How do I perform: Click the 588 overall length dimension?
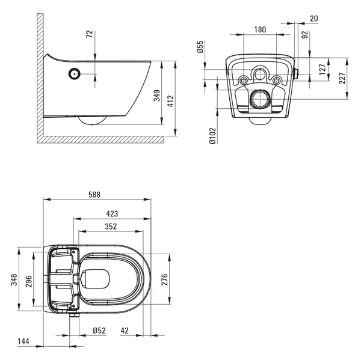pos(94,195)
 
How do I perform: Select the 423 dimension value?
pos(112,214)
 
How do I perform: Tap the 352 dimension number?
pos(111,227)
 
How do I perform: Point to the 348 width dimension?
pos(14,279)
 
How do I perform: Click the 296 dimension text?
pos(29,281)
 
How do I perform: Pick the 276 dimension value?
pos(164,279)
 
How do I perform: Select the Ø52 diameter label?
pos(99,331)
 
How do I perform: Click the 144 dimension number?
pos(23,341)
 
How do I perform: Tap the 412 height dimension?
pos(171,101)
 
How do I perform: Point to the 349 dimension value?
pos(157,96)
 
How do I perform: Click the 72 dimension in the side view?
pos(90,34)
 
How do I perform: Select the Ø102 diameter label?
pos(213,136)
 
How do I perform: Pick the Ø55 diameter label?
pos(200,46)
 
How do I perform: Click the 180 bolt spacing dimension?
pos(260,29)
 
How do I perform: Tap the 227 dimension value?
pos(342,78)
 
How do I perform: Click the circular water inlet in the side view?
pos(75,74)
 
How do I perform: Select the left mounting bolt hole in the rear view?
pos(243,81)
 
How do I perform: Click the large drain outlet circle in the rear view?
pos(261,99)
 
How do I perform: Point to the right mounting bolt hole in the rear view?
pos(277,81)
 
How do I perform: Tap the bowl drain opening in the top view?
pos(95,279)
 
